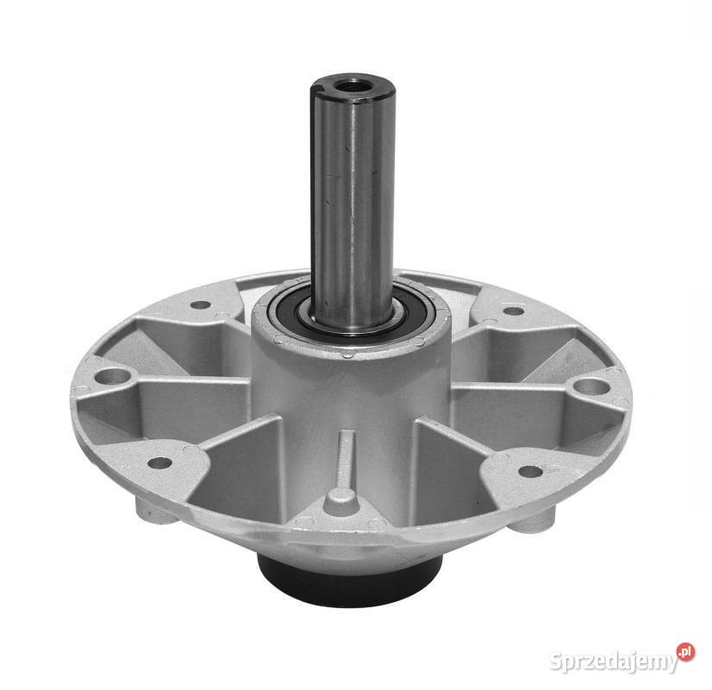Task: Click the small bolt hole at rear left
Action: (200, 304)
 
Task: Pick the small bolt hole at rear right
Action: (514, 311)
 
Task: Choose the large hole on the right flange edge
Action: (591, 387)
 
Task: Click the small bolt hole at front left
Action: (160, 463)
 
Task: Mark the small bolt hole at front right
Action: (530, 471)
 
